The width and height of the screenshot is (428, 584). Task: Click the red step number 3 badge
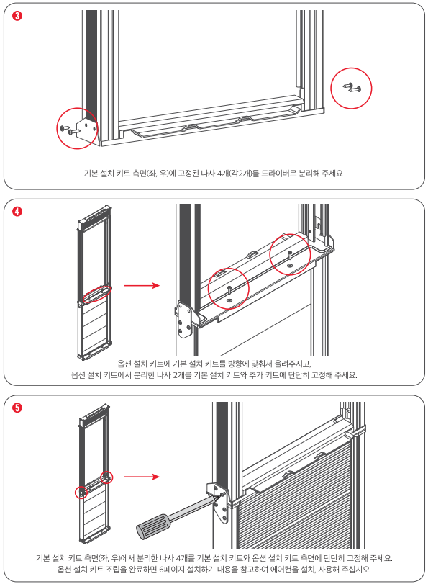(x=17, y=16)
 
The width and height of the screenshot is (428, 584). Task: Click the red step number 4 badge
(x=17, y=212)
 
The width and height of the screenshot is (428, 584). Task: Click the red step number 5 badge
(x=17, y=408)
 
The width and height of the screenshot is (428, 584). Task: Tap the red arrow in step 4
(x=142, y=286)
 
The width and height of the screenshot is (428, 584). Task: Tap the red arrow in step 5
(x=142, y=477)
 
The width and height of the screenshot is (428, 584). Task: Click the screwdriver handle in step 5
(x=153, y=525)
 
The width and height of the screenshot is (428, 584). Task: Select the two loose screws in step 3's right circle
(x=352, y=88)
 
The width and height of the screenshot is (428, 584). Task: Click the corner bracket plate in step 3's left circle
(x=87, y=130)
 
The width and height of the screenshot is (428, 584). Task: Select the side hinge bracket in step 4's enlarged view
(x=185, y=319)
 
